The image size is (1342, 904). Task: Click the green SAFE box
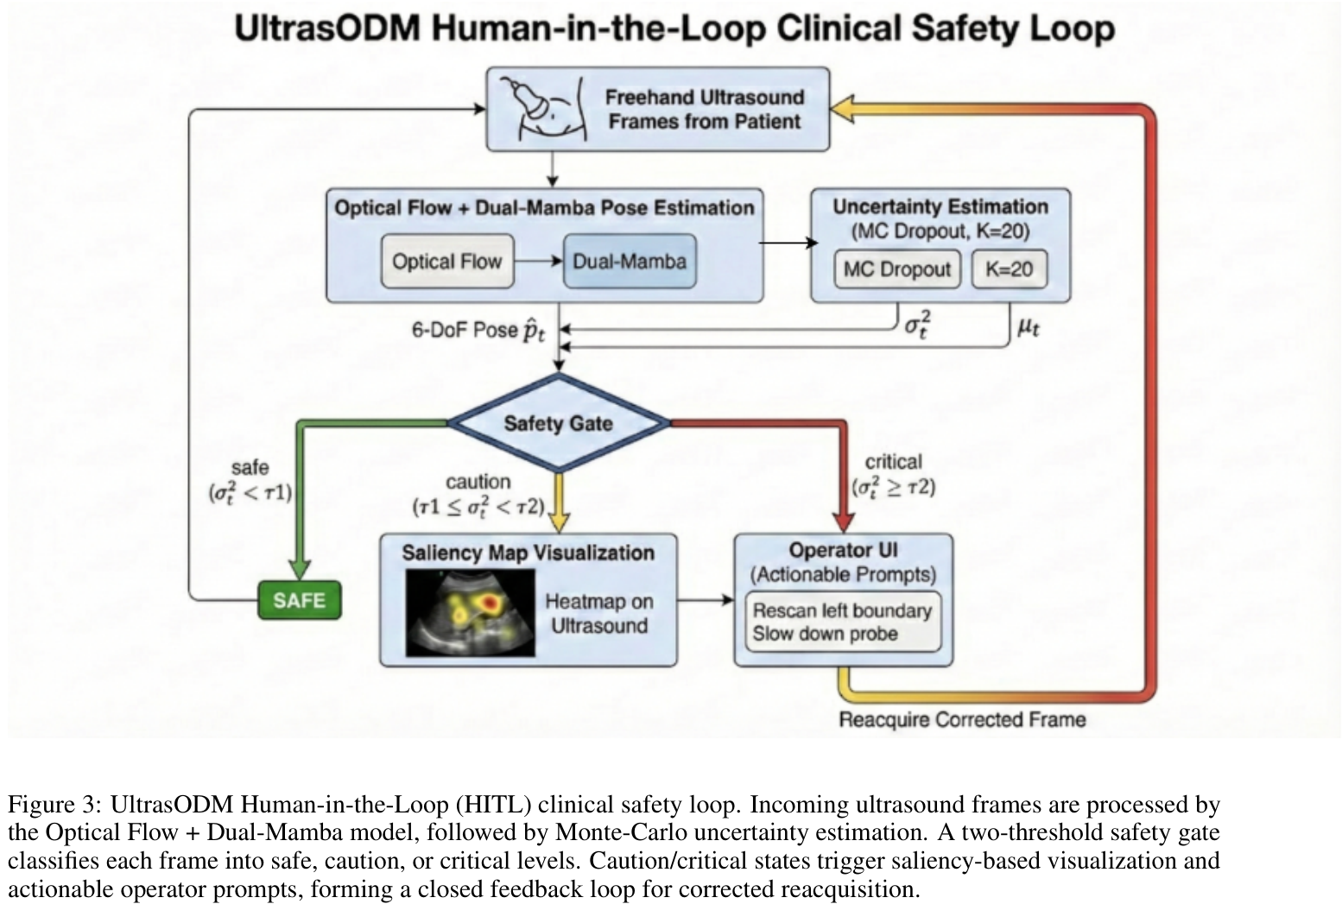300,600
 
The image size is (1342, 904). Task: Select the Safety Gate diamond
559,423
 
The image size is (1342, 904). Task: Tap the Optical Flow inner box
446,262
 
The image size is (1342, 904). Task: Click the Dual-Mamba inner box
630,262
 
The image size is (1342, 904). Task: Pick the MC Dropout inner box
896,269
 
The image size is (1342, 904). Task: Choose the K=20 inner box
1009,269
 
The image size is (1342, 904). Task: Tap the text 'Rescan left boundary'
841,610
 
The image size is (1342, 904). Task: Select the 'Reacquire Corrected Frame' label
961,719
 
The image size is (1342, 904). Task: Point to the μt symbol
1029,328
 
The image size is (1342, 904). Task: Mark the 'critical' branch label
893,462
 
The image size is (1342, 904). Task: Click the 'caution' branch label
478,482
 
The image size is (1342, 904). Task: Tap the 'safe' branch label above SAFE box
250,468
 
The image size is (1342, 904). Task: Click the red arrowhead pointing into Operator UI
844,521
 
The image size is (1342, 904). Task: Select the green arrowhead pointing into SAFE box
300,569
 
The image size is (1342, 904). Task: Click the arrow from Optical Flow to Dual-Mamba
539,262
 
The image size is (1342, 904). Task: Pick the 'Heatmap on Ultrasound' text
598,614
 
